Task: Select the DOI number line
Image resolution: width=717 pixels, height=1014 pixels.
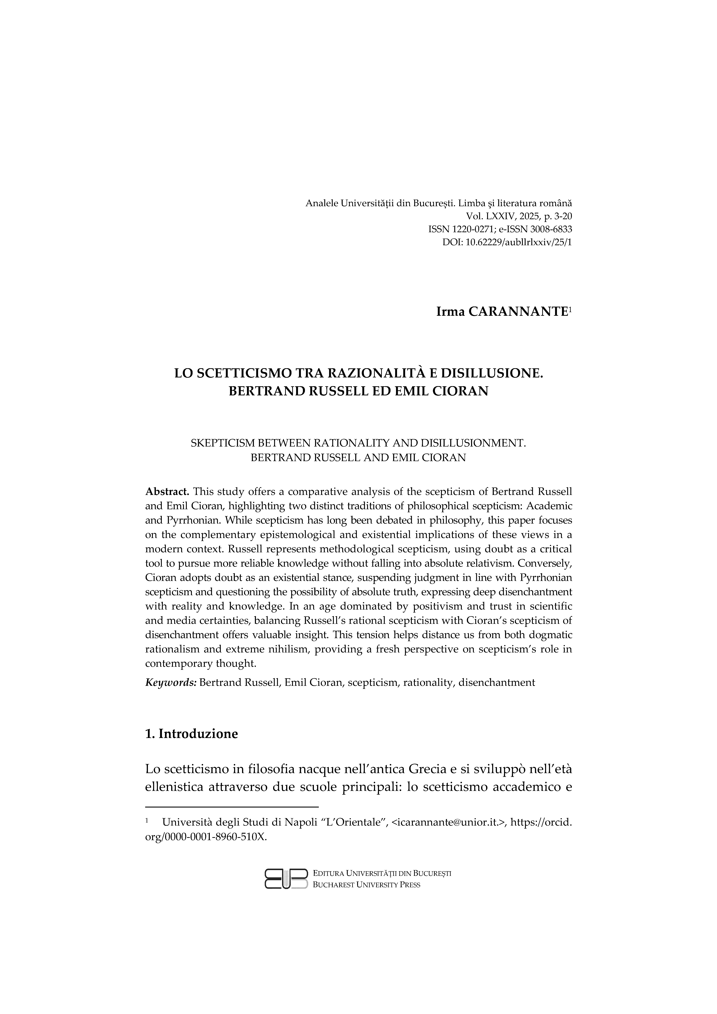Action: [x=507, y=242]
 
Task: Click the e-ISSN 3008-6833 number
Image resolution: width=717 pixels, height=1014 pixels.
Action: [x=548, y=229]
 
